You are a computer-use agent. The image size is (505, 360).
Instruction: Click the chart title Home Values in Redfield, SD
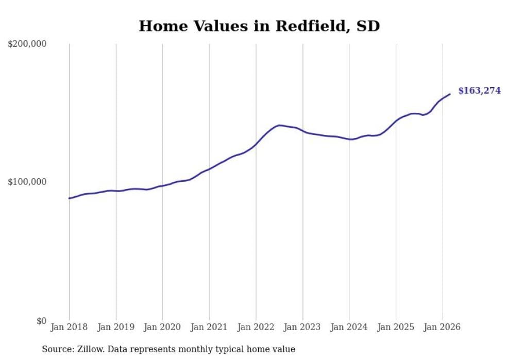259,26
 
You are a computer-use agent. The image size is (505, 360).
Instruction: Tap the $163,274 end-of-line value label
479,91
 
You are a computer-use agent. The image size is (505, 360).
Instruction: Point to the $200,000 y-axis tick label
27,44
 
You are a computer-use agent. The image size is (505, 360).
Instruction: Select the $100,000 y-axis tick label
27,182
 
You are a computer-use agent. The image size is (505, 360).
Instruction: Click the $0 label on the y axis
41,321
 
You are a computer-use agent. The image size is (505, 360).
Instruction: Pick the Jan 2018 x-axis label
69,327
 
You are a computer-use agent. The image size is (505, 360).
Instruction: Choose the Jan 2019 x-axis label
116,327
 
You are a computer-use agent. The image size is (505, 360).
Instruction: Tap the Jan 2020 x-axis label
162,327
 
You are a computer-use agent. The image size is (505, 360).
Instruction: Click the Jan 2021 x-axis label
209,327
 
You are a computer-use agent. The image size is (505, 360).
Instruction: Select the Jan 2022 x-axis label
256,327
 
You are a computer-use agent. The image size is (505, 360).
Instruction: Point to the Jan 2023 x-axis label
302,327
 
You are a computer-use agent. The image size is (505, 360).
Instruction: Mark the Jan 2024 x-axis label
349,327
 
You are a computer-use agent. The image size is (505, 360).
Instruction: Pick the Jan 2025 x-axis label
396,327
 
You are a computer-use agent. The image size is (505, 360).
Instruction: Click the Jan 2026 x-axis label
442,327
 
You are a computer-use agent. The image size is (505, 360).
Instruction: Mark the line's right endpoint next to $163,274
450,94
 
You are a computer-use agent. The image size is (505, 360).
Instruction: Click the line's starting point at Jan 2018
69,198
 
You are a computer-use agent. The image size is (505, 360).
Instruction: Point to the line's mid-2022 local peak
279,125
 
